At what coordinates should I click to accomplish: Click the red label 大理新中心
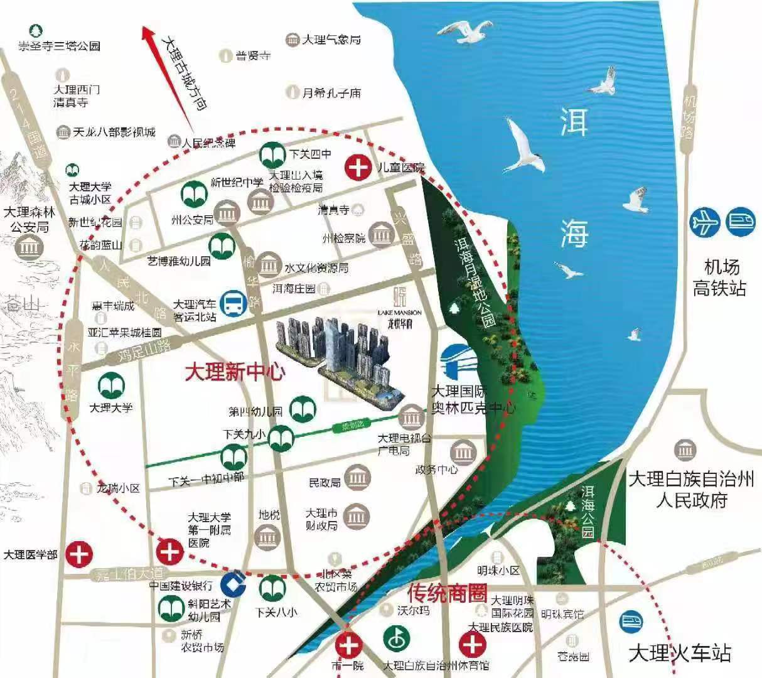click(x=234, y=372)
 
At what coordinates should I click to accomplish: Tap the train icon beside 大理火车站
click(x=631, y=623)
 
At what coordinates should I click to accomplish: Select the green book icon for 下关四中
click(x=272, y=154)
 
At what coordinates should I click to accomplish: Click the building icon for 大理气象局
click(x=292, y=40)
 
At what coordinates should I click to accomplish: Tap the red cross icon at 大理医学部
click(x=80, y=554)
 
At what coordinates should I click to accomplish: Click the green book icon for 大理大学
click(x=110, y=385)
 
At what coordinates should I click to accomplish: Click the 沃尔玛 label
click(x=414, y=610)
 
